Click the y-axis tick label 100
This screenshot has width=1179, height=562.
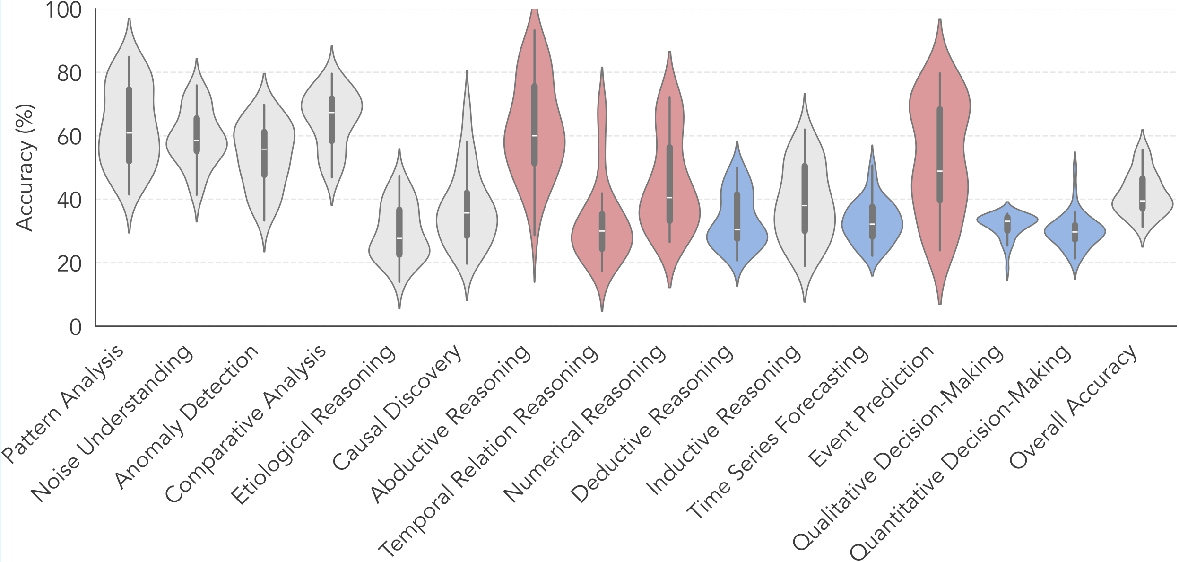(x=63, y=10)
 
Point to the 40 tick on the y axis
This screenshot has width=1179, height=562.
(x=69, y=201)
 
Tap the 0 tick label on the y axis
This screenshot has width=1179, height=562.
(x=76, y=327)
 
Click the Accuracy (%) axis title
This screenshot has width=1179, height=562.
(x=25, y=168)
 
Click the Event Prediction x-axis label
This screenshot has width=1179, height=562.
(x=871, y=405)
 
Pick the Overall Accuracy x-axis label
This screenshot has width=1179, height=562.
(x=1073, y=405)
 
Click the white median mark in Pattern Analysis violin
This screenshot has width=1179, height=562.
(x=129, y=133)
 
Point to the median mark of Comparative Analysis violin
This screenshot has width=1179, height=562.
(x=332, y=113)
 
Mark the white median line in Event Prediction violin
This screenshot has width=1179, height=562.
(x=940, y=171)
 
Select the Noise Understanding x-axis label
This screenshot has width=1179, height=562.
(x=113, y=423)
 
